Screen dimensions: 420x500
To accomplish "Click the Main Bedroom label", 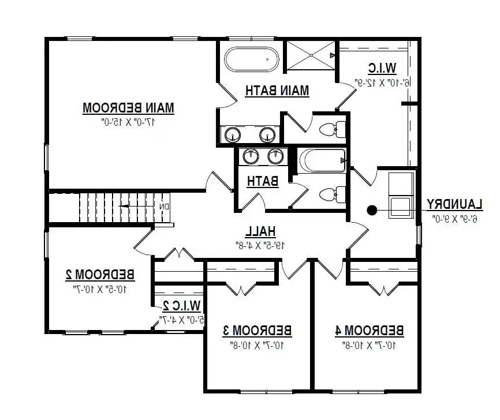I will tap(129, 107).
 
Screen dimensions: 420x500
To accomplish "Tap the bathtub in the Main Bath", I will tap(251, 58).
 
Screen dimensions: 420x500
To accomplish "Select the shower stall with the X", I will tap(311, 55).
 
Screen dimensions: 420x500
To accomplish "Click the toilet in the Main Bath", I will tap(332, 129).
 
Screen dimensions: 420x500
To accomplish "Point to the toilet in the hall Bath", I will tap(333, 194).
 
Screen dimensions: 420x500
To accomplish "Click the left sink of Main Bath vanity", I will tap(233, 134).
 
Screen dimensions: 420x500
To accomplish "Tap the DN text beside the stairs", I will tap(164, 207).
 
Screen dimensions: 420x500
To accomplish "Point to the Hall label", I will tap(260, 231).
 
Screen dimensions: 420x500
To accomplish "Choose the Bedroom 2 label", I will tap(100, 273).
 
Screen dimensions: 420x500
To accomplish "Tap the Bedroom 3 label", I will tap(258, 330).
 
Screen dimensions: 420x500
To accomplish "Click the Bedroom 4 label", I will tap(369, 330).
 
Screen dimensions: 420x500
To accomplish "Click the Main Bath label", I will tap(277, 91).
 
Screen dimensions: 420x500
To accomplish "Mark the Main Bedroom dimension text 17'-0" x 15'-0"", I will tap(129, 122).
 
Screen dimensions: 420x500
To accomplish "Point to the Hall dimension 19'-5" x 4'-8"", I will tap(260, 245).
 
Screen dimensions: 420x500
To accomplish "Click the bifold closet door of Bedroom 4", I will tap(381, 288).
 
